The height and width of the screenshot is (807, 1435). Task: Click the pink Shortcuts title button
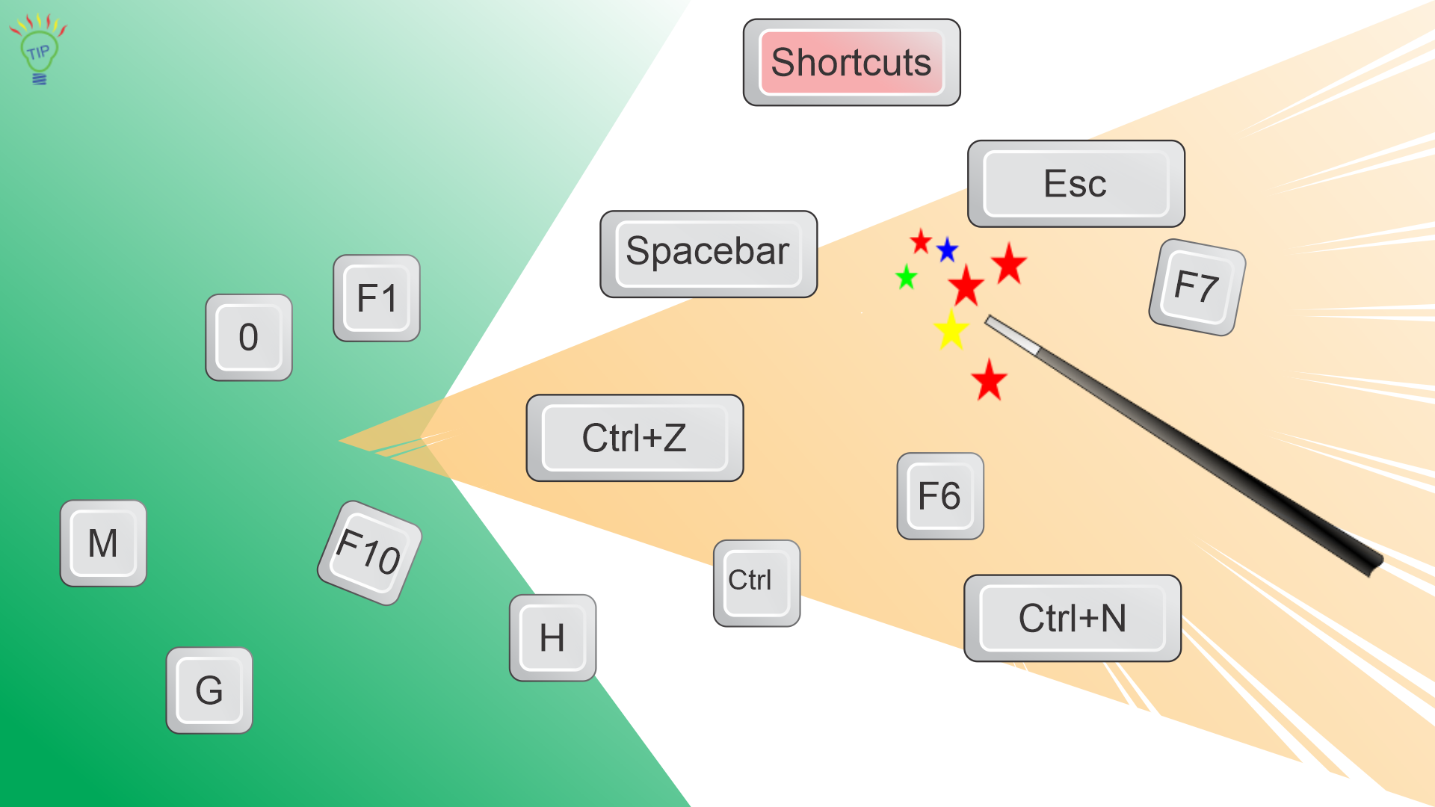coord(851,63)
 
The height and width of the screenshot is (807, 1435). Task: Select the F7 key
coord(1197,287)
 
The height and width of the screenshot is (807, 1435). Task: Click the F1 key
coord(377,298)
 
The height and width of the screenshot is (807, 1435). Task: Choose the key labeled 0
coord(249,338)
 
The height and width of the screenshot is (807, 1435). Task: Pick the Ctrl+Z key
coord(635,438)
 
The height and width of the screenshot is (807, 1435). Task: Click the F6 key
coord(940,496)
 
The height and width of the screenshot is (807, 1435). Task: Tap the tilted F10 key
coord(369,553)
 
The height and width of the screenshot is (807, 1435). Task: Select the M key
coord(103,543)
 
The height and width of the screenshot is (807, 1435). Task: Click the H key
coord(553,637)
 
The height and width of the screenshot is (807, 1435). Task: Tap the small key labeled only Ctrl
coord(756,583)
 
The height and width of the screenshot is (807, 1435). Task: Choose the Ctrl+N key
coord(1073,619)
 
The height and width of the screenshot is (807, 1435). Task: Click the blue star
coord(947,250)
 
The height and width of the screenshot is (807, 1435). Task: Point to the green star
coord(906,277)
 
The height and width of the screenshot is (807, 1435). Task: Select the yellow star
coord(951,330)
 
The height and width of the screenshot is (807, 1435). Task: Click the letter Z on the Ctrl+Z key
coord(674,438)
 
